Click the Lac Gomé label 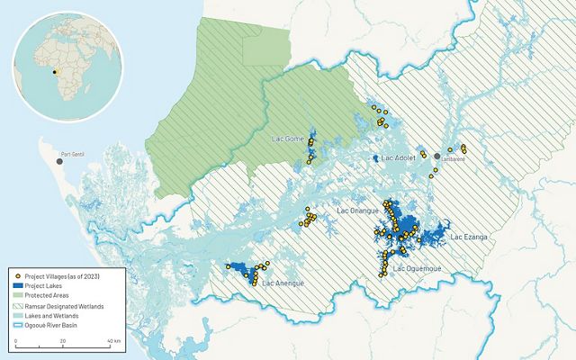[x=287, y=139]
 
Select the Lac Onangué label [x=356, y=211]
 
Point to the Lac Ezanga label [x=468, y=237]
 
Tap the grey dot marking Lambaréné [x=436, y=157]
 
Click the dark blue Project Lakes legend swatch [x=18, y=284]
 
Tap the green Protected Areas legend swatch [x=18, y=295]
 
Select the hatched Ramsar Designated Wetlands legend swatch [x=18, y=307]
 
